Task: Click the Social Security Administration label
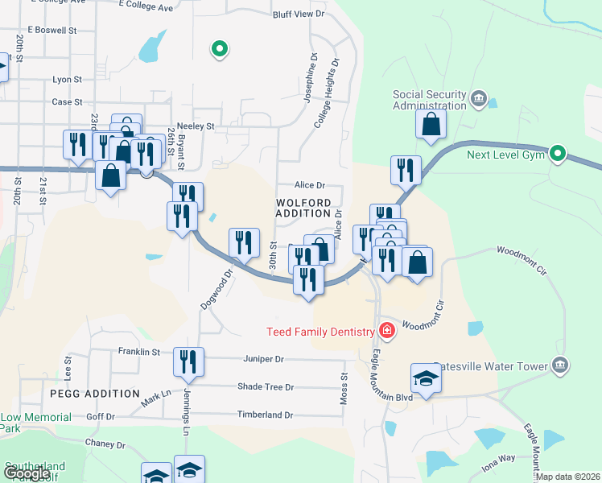[429, 100]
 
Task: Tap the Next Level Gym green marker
[558, 153]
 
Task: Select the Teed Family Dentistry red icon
[387, 331]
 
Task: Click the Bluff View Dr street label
[299, 14]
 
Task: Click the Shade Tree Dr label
[266, 387]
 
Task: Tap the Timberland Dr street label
[264, 415]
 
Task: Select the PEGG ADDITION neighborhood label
[94, 394]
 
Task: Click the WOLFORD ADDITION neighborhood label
[303, 208]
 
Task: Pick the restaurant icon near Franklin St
[188, 363]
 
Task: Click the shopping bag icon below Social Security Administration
[431, 125]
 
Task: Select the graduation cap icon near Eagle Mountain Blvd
[426, 378]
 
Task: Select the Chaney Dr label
[104, 444]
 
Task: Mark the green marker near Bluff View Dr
[219, 50]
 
